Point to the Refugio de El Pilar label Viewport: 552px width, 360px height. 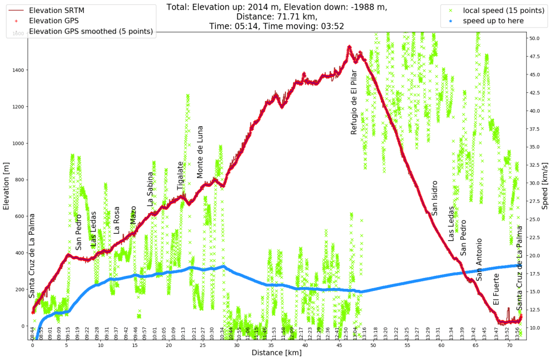click(354, 105)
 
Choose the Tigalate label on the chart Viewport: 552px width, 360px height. click(181, 175)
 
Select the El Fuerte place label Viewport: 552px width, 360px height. click(496, 289)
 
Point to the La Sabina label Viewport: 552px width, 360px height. click(151, 189)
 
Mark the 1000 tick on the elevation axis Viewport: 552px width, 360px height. click(18, 143)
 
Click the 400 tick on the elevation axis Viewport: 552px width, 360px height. click(20, 253)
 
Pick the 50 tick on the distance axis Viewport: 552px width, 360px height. click(373, 345)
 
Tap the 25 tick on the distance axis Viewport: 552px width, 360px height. click(203, 345)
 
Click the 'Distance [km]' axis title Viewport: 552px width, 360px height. click(277, 353)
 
